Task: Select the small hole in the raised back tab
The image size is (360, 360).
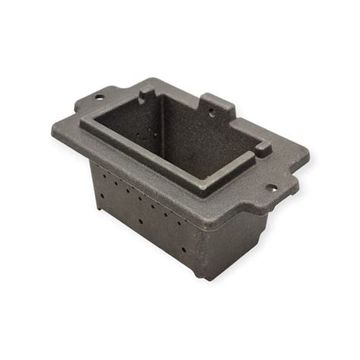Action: (x=212, y=109)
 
